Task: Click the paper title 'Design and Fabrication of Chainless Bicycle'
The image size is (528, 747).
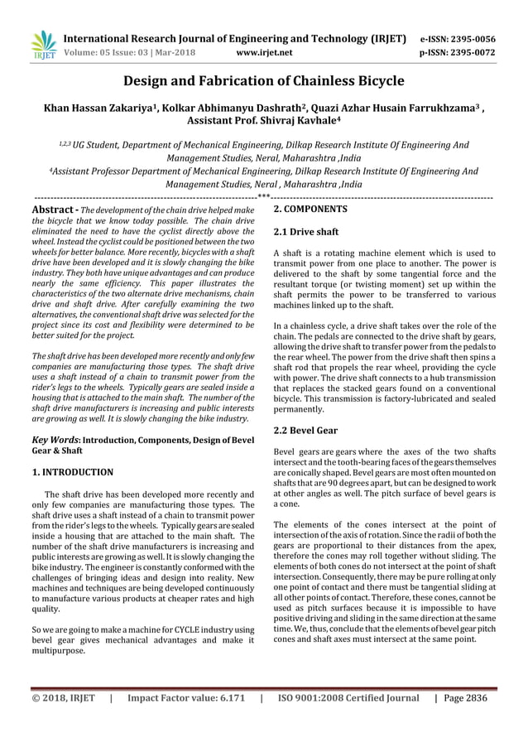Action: pos(264,81)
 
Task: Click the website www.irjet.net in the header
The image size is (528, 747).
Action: pos(264,54)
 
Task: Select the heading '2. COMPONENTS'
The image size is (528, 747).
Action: pos(310,210)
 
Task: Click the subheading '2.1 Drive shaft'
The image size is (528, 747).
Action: pos(305,232)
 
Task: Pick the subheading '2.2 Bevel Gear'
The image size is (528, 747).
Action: pos(305,431)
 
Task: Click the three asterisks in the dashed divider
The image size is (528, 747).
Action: pos(264,197)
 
